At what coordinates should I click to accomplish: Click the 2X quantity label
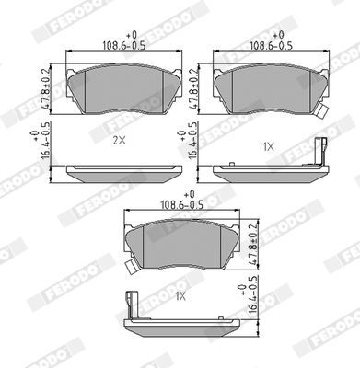coord(119,141)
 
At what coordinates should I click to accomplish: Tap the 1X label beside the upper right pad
coord(268,147)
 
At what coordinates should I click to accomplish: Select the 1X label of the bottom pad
coord(180,296)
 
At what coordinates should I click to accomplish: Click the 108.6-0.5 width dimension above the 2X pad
coord(123,46)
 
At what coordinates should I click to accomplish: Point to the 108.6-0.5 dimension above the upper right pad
coord(271,46)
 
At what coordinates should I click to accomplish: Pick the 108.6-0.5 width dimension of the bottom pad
coord(182,205)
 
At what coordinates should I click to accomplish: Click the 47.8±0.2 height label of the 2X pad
coord(45,89)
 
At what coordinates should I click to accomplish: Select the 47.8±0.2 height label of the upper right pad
coord(192,89)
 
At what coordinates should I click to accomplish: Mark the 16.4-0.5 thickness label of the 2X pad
coord(44,141)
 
